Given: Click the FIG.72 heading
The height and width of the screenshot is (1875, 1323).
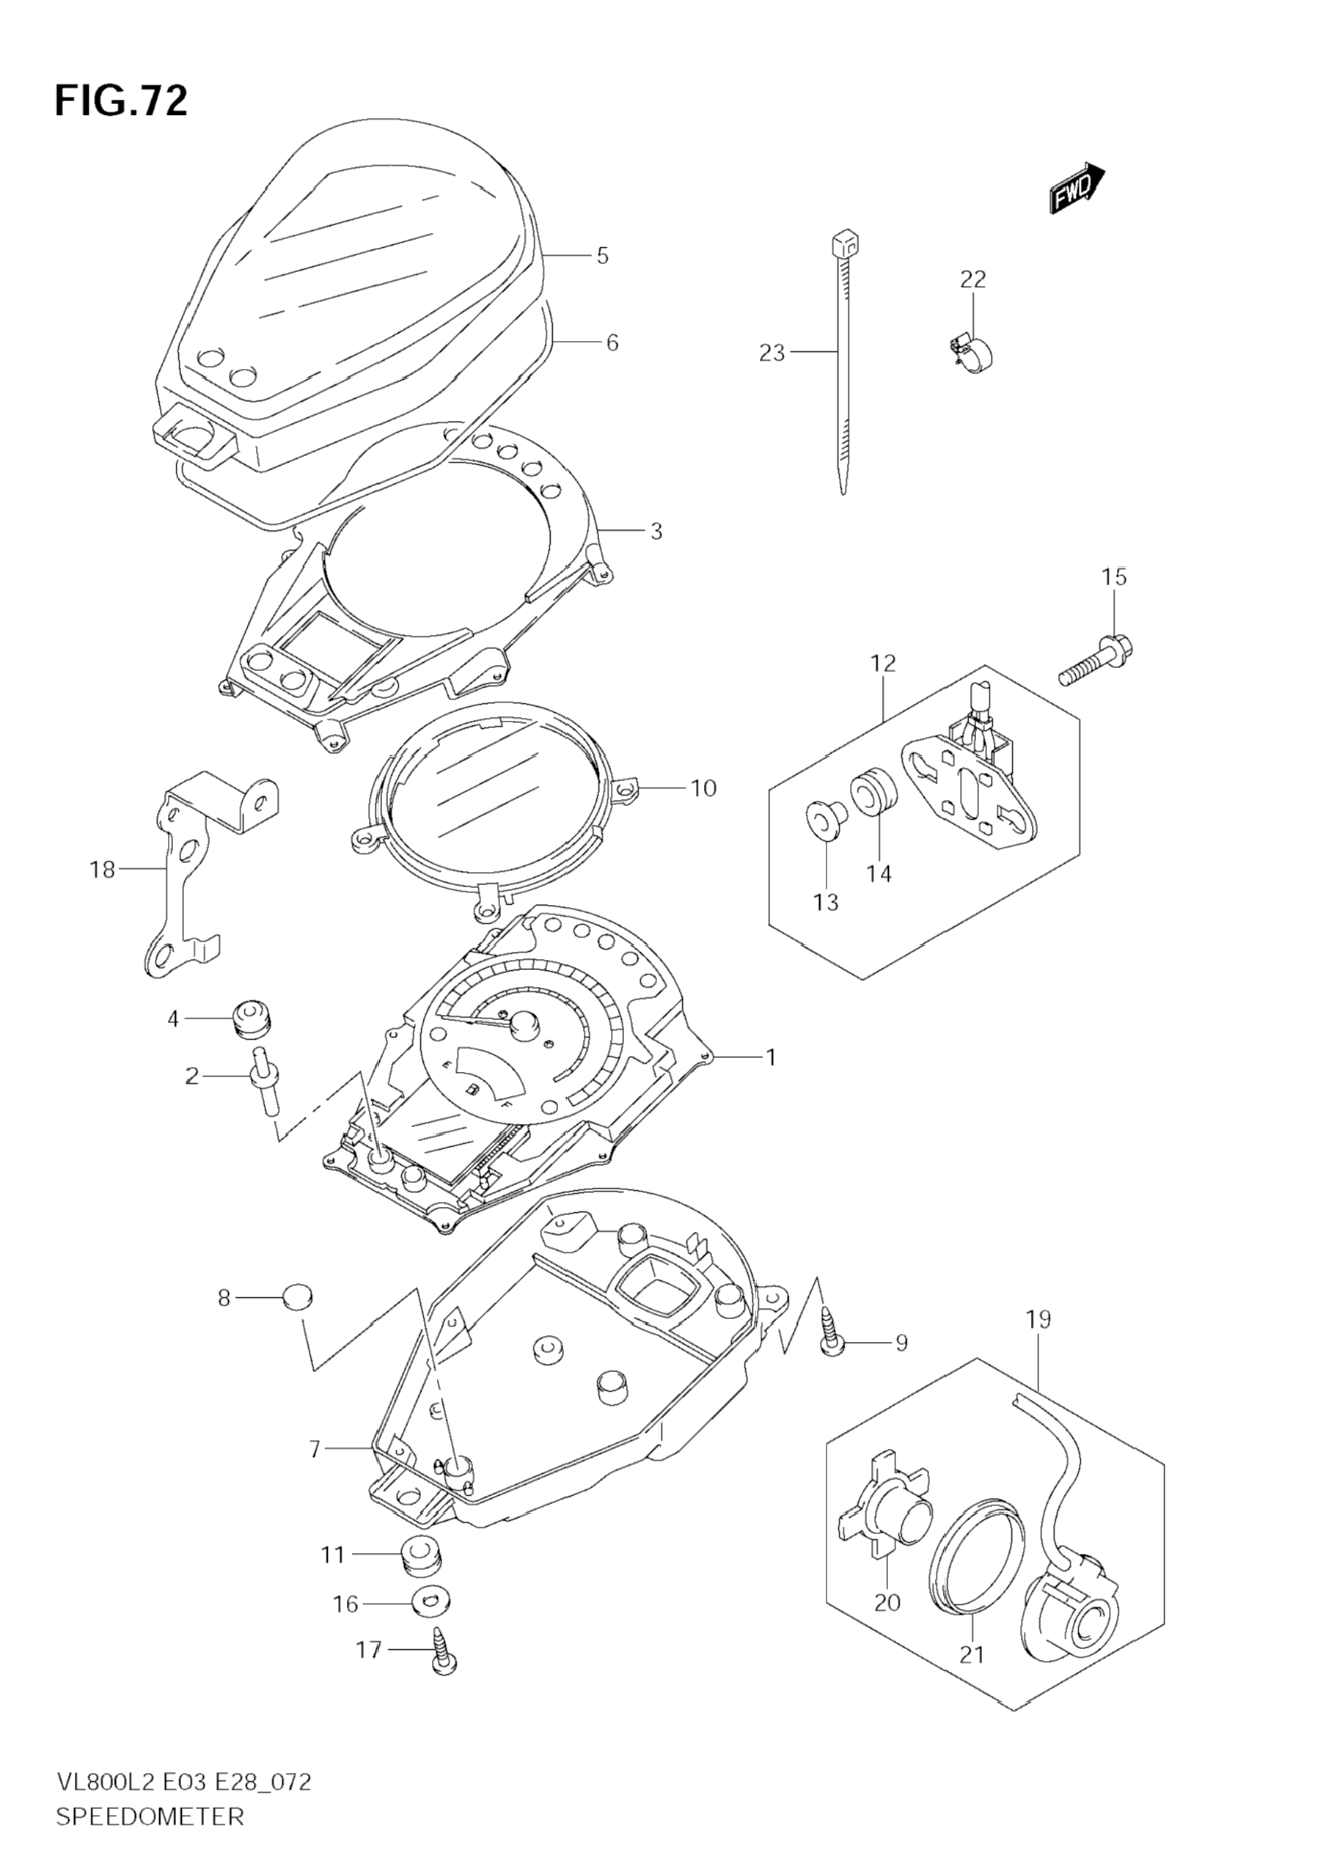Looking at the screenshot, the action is click(x=121, y=101).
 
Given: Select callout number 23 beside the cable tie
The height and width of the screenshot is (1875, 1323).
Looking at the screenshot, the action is click(x=772, y=353).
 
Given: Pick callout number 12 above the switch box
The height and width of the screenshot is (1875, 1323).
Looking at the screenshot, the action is click(x=884, y=662).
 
